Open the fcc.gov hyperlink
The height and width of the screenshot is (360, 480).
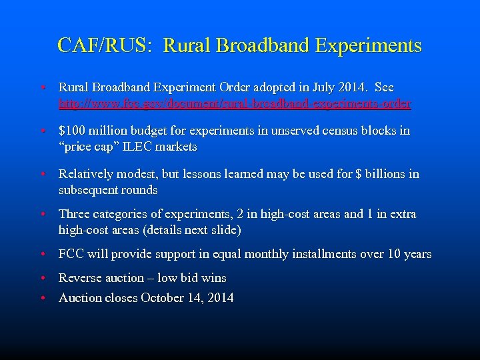point(235,103)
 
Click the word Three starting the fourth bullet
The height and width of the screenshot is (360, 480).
point(75,214)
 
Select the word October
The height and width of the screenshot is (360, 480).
point(163,298)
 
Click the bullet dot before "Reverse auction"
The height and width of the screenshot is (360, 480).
point(42,278)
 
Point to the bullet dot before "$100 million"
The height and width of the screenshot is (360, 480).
point(42,131)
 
